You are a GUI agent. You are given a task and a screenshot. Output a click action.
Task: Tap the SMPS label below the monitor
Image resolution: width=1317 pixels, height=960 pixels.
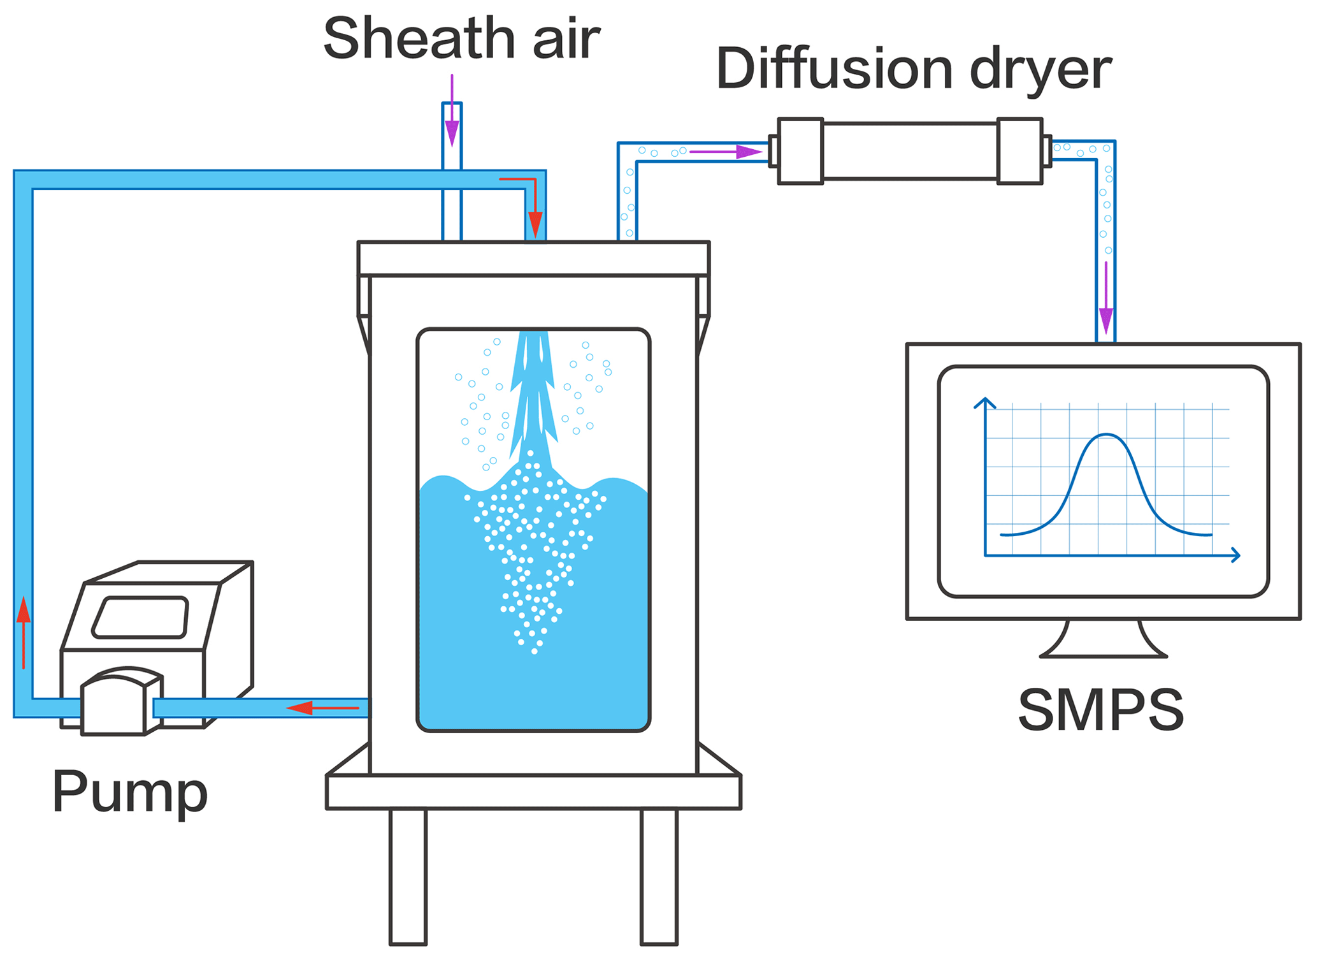pyautogui.click(x=1100, y=709)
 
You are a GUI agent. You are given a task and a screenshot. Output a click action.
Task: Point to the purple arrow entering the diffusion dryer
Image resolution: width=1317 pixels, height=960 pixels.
pyautogui.click(x=726, y=152)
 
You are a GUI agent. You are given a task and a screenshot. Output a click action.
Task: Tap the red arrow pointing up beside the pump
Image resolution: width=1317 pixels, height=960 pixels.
pyautogui.click(x=24, y=631)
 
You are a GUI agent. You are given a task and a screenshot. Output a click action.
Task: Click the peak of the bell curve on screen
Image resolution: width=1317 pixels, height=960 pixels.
pyautogui.click(x=1107, y=435)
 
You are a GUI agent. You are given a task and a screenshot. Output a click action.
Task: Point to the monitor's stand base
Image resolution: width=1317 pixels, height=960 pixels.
pyautogui.click(x=1104, y=646)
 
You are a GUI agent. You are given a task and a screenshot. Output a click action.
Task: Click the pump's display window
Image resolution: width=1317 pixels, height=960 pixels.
pyautogui.click(x=141, y=617)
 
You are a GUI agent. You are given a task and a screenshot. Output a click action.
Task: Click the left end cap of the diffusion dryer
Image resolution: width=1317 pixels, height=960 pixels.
pyautogui.click(x=800, y=151)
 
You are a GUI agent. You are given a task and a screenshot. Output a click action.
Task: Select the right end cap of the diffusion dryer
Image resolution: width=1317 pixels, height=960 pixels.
pyautogui.click(x=1019, y=151)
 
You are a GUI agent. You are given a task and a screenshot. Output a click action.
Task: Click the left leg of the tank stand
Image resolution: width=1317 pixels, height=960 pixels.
pyautogui.click(x=408, y=876)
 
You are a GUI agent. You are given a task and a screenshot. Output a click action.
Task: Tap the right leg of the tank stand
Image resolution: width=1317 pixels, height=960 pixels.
pyautogui.click(x=659, y=876)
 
